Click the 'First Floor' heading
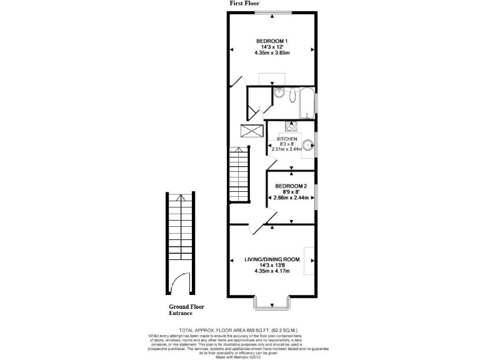tap(245, 4)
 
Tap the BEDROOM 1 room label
tap(271, 41)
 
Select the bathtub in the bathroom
tap(307, 104)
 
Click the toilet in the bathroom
tap(279, 94)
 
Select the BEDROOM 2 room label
tap(291, 186)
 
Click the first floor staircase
tap(238, 174)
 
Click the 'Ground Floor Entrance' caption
tap(186, 310)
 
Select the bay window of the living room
tap(272, 302)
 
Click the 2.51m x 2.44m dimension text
tap(287, 149)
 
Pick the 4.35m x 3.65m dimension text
tap(272, 52)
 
